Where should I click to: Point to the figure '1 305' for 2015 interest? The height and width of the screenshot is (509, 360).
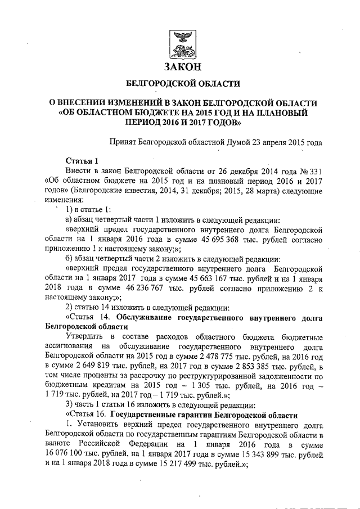[x=224, y=387]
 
